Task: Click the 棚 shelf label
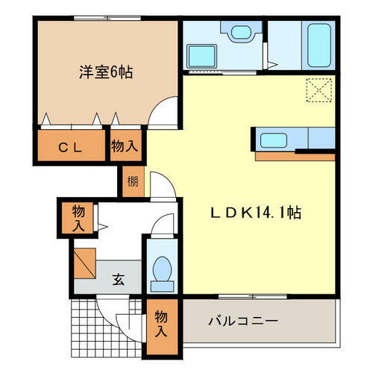pos(132,181)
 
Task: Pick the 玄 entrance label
pos(119,280)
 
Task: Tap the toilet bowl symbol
pos(160,272)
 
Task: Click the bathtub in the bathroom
pos(319,43)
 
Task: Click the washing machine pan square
pos(201,56)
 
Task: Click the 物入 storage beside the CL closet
pos(125,146)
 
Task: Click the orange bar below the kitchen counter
pos(294,157)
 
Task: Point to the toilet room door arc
pos(158,224)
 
